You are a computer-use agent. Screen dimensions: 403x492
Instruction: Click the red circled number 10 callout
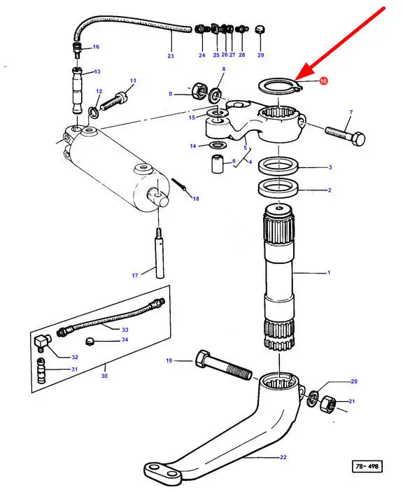(323, 81)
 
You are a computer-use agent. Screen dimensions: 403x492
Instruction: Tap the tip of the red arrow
(295, 79)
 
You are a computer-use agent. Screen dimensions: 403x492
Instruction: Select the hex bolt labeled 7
(345, 135)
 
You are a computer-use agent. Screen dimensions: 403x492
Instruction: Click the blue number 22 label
(283, 457)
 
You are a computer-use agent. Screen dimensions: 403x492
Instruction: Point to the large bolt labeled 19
(224, 364)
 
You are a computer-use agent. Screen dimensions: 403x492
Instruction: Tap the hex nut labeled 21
(328, 404)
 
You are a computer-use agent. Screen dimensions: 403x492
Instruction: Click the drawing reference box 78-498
(367, 466)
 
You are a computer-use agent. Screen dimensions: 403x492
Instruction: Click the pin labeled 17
(160, 253)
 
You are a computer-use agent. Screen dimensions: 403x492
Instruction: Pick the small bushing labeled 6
(217, 163)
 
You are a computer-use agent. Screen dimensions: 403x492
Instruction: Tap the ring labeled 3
(278, 165)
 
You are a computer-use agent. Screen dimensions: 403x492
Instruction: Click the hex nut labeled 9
(199, 91)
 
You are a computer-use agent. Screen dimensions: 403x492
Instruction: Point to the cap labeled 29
(260, 30)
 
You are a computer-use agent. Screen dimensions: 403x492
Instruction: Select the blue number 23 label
(170, 56)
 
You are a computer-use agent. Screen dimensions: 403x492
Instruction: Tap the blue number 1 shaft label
(329, 272)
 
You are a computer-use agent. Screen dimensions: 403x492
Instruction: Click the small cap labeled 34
(90, 341)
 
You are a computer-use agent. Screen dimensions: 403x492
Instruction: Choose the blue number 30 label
(104, 376)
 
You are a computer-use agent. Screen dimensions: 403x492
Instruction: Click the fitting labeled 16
(77, 50)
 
